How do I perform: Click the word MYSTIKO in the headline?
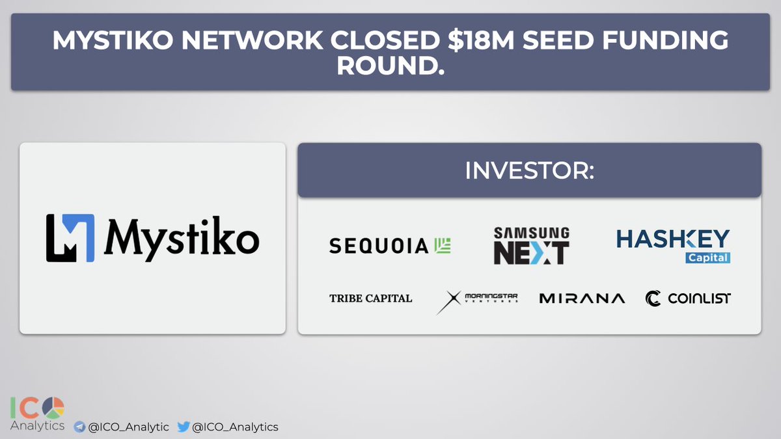point(113,40)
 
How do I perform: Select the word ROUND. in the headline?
point(390,66)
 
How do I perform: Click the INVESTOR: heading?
point(529,170)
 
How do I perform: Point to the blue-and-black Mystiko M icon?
point(70,238)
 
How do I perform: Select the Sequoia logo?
point(390,246)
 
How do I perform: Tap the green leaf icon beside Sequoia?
point(443,245)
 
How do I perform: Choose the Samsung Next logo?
point(532,246)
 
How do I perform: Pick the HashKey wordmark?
point(673,239)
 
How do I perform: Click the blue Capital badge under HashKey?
point(708,258)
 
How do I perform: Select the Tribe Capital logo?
point(370,299)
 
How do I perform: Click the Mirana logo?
point(582,299)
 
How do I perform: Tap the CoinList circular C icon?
point(653,299)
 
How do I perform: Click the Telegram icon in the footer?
point(79,427)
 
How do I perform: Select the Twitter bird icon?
point(184,427)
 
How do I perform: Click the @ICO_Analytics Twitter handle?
point(235,427)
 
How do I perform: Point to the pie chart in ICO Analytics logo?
point(53,408)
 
